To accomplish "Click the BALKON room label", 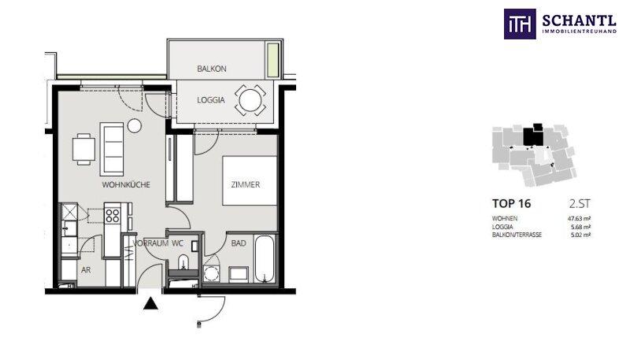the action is tap(212, 69).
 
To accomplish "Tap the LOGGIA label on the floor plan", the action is tap(211, 100).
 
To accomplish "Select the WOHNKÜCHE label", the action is tap(126, 185).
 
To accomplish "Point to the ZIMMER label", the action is tap(246, 185).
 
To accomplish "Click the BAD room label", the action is tap(239, 243).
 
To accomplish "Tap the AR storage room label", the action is tap(86, 270).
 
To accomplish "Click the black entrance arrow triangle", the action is tap(150, 303).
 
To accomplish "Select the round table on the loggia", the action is tap(250, 100).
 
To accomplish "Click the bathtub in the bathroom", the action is tap(265, 259).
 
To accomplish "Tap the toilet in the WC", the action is tap(184, 262).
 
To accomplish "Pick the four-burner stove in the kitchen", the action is tap(113, 216).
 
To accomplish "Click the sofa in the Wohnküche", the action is tap(112, 149).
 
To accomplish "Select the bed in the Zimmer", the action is tap(250, 180).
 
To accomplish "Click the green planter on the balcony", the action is tap(272, 60).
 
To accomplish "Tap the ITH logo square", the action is tap(520, 24).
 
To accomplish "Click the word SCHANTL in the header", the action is tap(580, 20).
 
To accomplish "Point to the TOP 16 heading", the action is tap(511, 204).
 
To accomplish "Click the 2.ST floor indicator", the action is tap(580, 204).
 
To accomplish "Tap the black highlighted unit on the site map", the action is tap(533, 135).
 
